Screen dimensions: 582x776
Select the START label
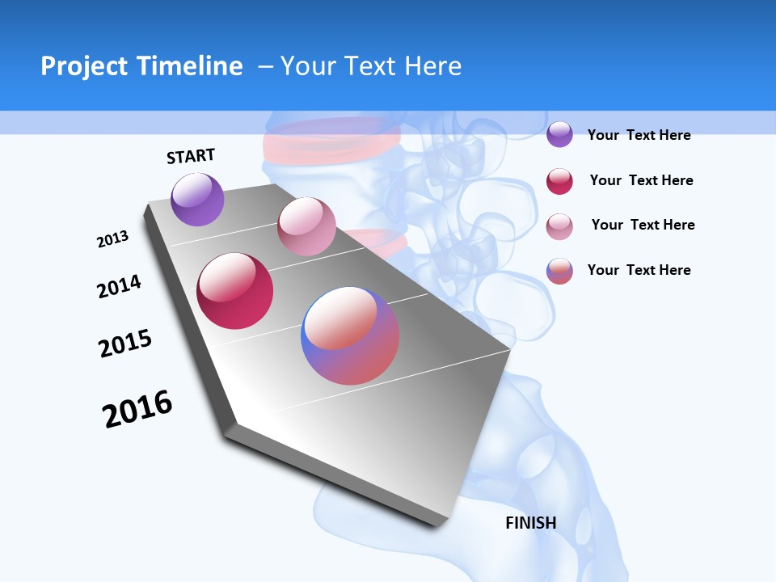coord(191,156)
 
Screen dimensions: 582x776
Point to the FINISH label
coord(531,523)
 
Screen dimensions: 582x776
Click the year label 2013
coord(112,239)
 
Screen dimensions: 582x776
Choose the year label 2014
coord(119,286)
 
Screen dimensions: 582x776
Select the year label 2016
coord(137,409)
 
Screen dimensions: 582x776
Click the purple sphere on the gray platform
coord(197,200)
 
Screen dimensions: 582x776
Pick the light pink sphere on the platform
coord(306,226)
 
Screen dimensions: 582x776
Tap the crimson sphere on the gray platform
coord(235,291)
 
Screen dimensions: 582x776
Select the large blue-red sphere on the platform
coord(350,335)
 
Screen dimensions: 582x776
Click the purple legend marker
coord(559,135)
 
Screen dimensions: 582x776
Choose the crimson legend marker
coord(559,181)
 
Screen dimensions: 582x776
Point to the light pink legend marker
coord(559,226)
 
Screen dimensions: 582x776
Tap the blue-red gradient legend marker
coord(559,271)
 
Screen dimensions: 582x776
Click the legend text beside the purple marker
coord(639,135)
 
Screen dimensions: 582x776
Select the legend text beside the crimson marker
coord(641,180)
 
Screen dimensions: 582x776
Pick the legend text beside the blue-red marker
coord(639,270)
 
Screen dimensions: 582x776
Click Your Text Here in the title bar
coord(371,66)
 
